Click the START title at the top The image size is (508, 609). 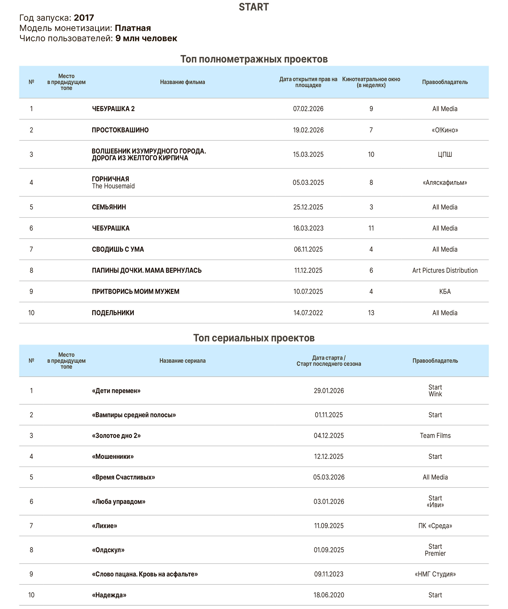pos(254,7)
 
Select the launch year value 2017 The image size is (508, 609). pos(84,18)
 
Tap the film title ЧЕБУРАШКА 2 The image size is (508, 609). pos(113,109)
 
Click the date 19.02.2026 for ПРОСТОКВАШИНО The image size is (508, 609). pos(308,130)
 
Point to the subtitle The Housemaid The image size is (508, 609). pos(113,186)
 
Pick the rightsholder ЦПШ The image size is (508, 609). pos(444,154)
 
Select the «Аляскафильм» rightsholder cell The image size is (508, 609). pos(444,182)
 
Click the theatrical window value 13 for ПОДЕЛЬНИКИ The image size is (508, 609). pos(371,313)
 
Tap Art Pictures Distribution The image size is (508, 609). pos(444,270)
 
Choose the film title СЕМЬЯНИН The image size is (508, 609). pos(109,207)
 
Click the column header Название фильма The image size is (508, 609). pos(182,82)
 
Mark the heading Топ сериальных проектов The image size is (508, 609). pos(254,338)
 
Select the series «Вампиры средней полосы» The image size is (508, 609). pos(134,415)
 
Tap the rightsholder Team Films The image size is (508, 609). pos(435,435)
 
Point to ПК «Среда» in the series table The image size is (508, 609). pos(435,525)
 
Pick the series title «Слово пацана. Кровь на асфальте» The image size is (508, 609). pos(145,574)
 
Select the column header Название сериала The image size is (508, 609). pos(182,361)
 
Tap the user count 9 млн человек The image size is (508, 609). pos(146,38)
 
